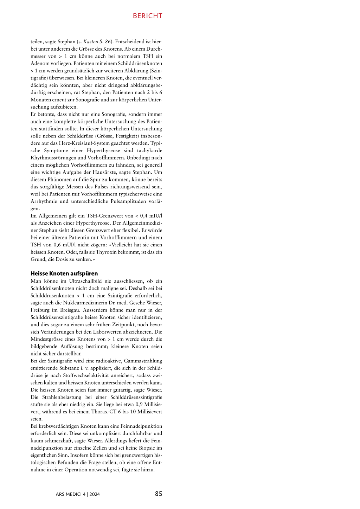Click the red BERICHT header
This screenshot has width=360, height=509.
147,16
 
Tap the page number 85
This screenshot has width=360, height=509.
159,494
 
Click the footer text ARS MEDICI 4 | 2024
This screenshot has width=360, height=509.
78,494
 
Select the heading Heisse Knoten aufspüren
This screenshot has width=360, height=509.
64,273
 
